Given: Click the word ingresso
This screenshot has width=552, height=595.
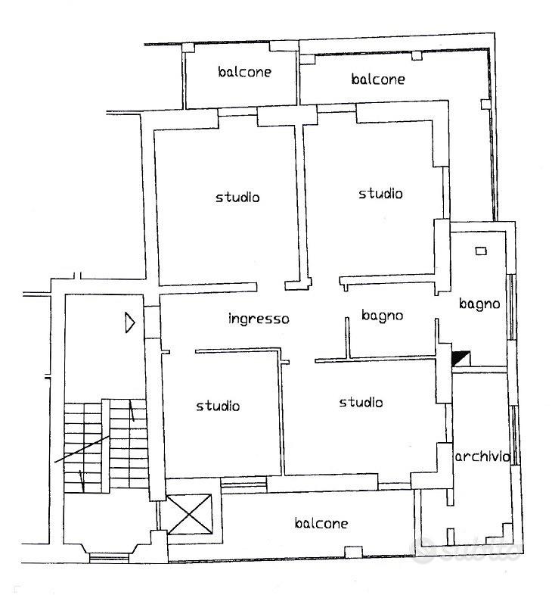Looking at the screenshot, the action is [x=259, y=319].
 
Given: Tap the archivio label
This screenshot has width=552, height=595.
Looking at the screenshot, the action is [x=482, y=456].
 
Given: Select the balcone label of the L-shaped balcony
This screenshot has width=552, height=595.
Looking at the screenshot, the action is [x=378, y=79].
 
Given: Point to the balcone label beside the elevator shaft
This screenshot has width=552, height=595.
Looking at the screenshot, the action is [x=321, y=523].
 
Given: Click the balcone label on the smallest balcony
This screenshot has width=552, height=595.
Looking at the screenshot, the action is [x=244, y=72].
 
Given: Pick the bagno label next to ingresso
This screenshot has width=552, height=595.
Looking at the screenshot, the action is [x=382, y=316].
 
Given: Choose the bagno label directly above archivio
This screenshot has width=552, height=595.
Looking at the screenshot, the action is [x=479, y=304].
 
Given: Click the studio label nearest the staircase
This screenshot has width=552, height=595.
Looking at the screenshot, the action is [x=218, y=406].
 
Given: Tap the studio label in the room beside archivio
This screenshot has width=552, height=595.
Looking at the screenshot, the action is [x=361, y=402].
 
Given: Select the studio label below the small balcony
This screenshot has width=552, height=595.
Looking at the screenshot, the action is [x=237, y=198].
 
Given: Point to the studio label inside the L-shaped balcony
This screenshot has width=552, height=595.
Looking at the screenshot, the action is [x=380, y=194].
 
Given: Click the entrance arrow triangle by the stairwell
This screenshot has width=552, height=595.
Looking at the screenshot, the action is [x=130, y=323].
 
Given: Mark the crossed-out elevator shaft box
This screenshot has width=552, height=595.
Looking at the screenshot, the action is [x=189, y=514].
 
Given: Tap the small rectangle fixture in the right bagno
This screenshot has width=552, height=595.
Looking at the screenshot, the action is [x=481, y=251].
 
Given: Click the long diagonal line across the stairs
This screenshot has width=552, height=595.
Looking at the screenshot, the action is [x=82, y=450].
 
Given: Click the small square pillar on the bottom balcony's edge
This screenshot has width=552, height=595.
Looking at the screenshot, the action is [x=353, y=552].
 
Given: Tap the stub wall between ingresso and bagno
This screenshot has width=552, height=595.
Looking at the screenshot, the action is [x=347, y=338].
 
